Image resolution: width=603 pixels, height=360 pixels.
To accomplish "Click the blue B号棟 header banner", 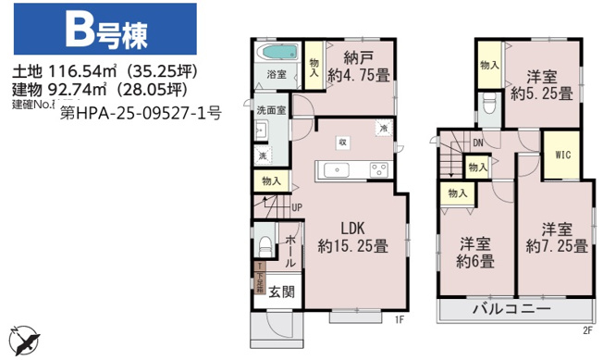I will coord(104,30).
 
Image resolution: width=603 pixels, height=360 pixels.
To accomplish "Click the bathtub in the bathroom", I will coord(274,52).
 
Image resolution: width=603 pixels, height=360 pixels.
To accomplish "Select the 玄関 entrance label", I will coord(281,292).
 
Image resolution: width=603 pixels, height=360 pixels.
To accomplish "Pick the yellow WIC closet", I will coord(562,156).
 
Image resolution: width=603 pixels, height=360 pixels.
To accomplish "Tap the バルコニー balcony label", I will coord(511,308).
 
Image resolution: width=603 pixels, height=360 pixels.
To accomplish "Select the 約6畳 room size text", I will coord(475,261).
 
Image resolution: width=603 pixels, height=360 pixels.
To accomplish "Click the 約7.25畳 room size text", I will coord(557,246).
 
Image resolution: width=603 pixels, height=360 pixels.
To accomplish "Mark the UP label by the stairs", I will coord(296,207).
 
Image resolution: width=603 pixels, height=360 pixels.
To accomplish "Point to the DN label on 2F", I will coord(477,143).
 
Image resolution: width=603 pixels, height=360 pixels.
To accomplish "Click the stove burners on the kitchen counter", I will coord(378,168).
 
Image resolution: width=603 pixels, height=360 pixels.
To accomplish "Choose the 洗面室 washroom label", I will coord(271,109).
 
